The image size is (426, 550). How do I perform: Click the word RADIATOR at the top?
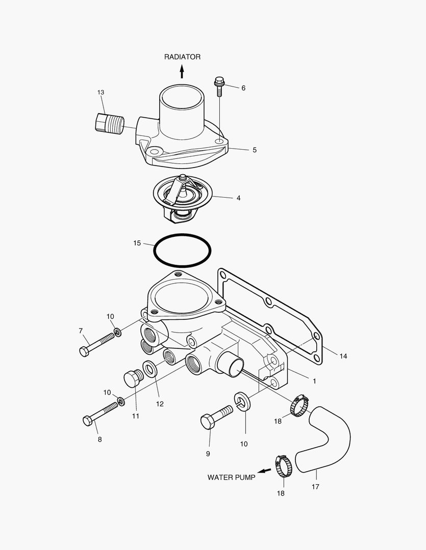182,57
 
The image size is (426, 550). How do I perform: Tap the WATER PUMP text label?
231,477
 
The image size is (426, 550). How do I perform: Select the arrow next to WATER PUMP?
264,471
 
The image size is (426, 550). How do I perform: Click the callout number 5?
254,150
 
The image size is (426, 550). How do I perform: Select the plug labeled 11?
133,379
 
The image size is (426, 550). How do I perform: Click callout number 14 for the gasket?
343,356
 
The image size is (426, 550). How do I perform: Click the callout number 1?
314,380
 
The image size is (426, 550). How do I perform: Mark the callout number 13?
101,92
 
